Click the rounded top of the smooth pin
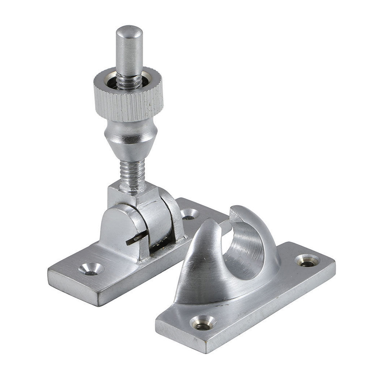(x=129, y=31)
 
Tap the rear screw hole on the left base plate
(x=190, y=214)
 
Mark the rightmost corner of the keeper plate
(x=334, y=262)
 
